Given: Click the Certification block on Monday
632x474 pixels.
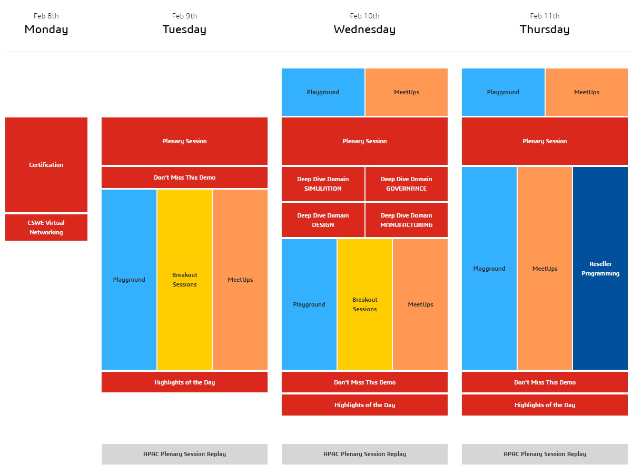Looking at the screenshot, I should coord(46,165).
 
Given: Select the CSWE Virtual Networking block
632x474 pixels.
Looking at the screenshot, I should coord(46,228).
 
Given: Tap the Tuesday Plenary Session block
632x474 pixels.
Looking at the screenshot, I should coord(184,141).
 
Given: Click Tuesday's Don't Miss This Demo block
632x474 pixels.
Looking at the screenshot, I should coord(184,177).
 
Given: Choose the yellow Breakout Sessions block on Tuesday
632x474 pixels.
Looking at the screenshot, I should coord(184,280).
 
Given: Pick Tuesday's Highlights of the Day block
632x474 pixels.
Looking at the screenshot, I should coord(184,382).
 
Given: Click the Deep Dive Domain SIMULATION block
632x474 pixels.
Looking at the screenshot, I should coord(323,184).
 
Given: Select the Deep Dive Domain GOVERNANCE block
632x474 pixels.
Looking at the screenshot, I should coord(406,184).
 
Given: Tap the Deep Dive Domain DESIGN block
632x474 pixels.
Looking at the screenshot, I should coord(323,220).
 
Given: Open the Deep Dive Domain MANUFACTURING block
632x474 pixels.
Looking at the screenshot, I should coord(406,220).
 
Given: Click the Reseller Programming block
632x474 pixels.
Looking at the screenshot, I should coord(600,269).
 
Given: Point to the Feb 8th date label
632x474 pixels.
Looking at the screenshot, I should coord(46,16).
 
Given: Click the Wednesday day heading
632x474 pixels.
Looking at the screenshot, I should coord(364,29).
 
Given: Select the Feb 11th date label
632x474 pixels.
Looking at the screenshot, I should coord(545,16).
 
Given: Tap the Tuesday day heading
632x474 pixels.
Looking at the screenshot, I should coord(184,29).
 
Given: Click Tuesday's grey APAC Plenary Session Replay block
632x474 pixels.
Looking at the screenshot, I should coord(184,454).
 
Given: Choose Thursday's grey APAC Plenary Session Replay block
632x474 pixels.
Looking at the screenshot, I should coord(545,454).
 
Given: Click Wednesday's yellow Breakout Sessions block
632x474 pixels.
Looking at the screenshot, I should coord(364,304).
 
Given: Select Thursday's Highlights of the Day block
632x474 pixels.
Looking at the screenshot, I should coord(545,405).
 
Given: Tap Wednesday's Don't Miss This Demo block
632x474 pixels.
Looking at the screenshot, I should coord(364,382).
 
